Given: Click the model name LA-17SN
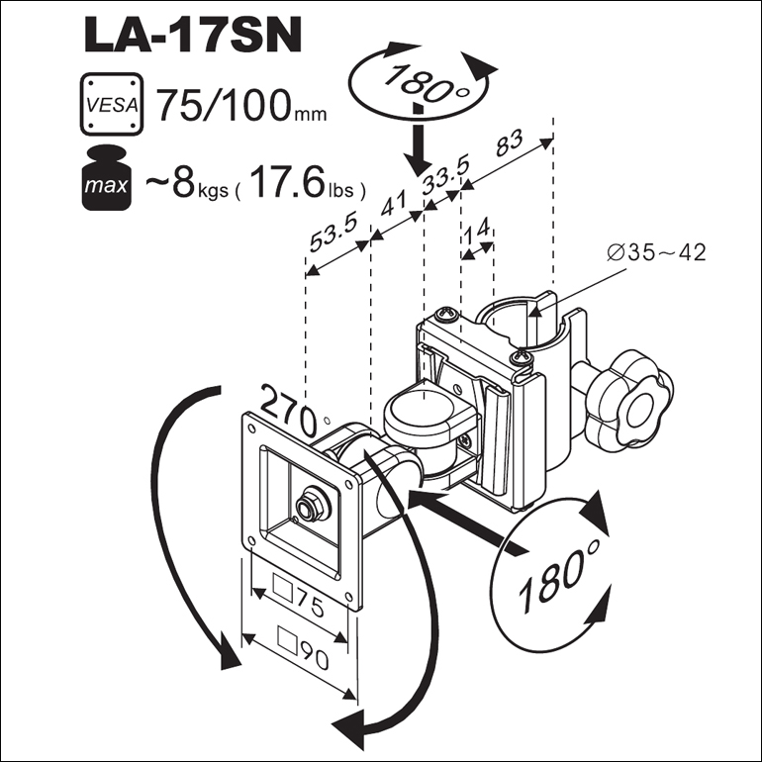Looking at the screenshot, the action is pyautogui.click(x=193, y=36).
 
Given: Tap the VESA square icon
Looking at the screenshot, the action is pyautogui.click(x=112, y=104).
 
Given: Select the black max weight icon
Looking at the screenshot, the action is pyautogui.click(x=107, y=178).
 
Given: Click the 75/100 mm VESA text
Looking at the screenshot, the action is pyautogui.click(x=241, y=106).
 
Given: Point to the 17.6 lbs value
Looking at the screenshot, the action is pyautogui.click(x=307, y=183).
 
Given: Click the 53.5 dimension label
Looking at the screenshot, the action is pyautogui.click(x=333, y=232).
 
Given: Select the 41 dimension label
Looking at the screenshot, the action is pyautogui.click(x=393, y=202).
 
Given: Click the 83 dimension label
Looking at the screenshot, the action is pyautogui.click(x=509, y=143).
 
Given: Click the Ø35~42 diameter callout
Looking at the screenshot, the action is pyautogui.click(x=656, y=252).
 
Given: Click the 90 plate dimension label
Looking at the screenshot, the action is pyautogui.click(x=303, y=646).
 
